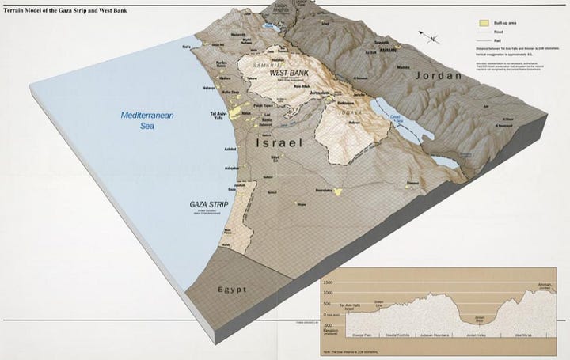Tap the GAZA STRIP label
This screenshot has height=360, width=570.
coord(209,204)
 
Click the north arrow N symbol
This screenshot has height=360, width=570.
coord(431,38)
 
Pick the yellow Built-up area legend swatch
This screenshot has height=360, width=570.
coord(482,24)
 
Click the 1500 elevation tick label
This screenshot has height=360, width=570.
coord(328,282)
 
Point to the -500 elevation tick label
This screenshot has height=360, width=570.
coord(328,325)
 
